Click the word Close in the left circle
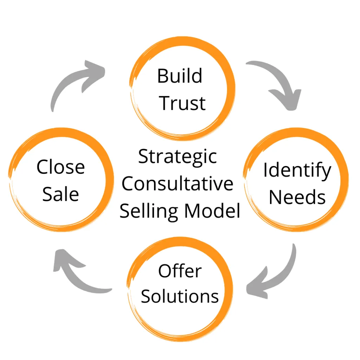click(x=60, y=167)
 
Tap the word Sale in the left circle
click(x=60, y=194)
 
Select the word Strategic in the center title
click(x=177, y=156)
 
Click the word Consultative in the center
click(x=178, y=184)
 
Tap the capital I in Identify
click(x=266, y=170)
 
